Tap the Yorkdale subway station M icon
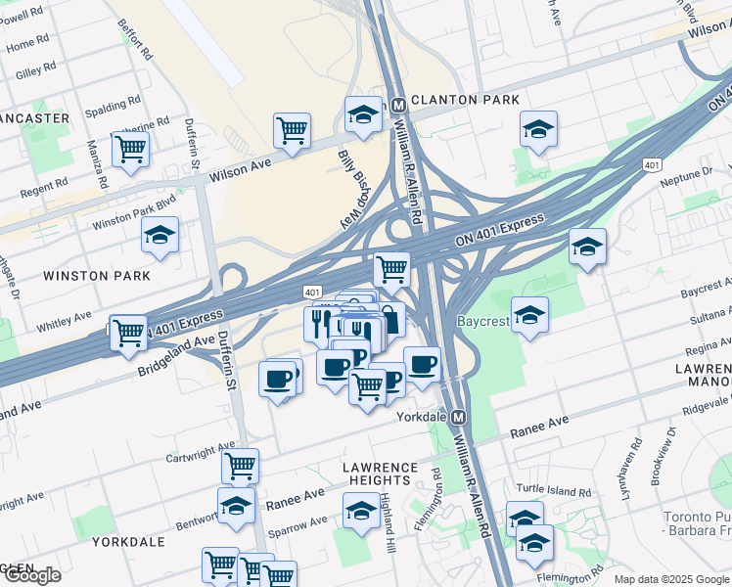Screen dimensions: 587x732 coord(472,416)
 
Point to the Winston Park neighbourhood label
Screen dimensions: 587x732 coord(97,276)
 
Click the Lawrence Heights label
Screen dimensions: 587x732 coord(379,474)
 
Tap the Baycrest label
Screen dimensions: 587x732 coord(482,320)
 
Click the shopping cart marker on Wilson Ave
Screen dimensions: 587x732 coord(292,129)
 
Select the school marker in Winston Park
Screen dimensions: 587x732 coord(160,236)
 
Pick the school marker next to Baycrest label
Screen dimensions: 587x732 coord(529,315)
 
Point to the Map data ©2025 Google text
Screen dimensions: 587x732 coord(670,579)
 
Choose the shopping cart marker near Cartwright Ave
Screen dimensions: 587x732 coord(239,466)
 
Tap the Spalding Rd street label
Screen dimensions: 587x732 coord(107,106)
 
